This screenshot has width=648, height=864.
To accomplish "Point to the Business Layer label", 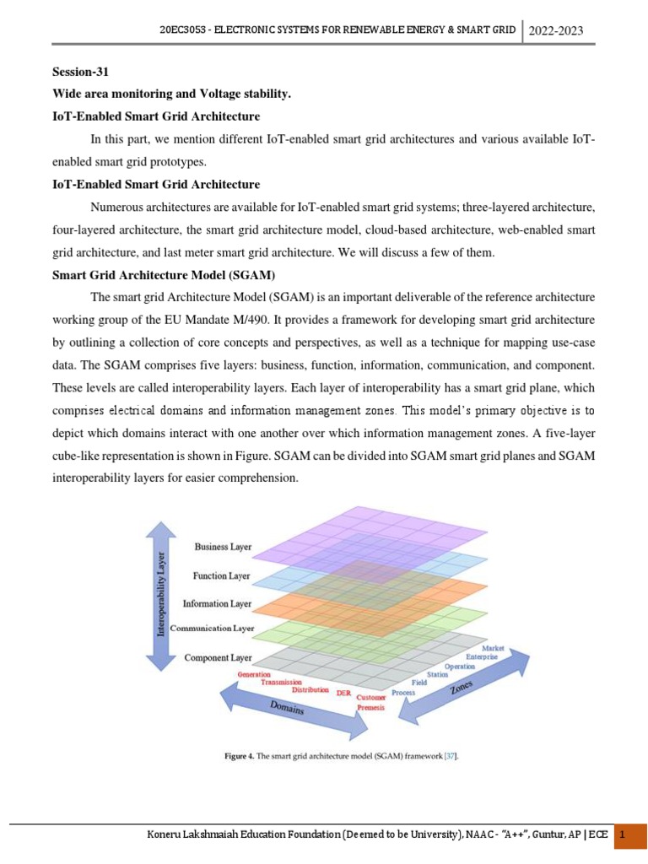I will [223, 547].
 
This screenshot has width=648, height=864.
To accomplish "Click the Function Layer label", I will [221, 575].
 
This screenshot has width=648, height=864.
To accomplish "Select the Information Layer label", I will [217, 603].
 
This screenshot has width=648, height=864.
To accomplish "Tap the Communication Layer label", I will [212, 629].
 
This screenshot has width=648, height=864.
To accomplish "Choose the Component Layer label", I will [218, 656].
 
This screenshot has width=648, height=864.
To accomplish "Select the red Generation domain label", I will [254, 675].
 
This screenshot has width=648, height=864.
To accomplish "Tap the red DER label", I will [343, 693].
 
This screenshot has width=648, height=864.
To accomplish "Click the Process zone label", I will [403, 692].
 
